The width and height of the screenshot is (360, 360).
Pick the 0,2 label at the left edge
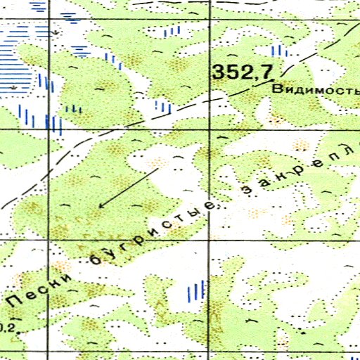6,326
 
